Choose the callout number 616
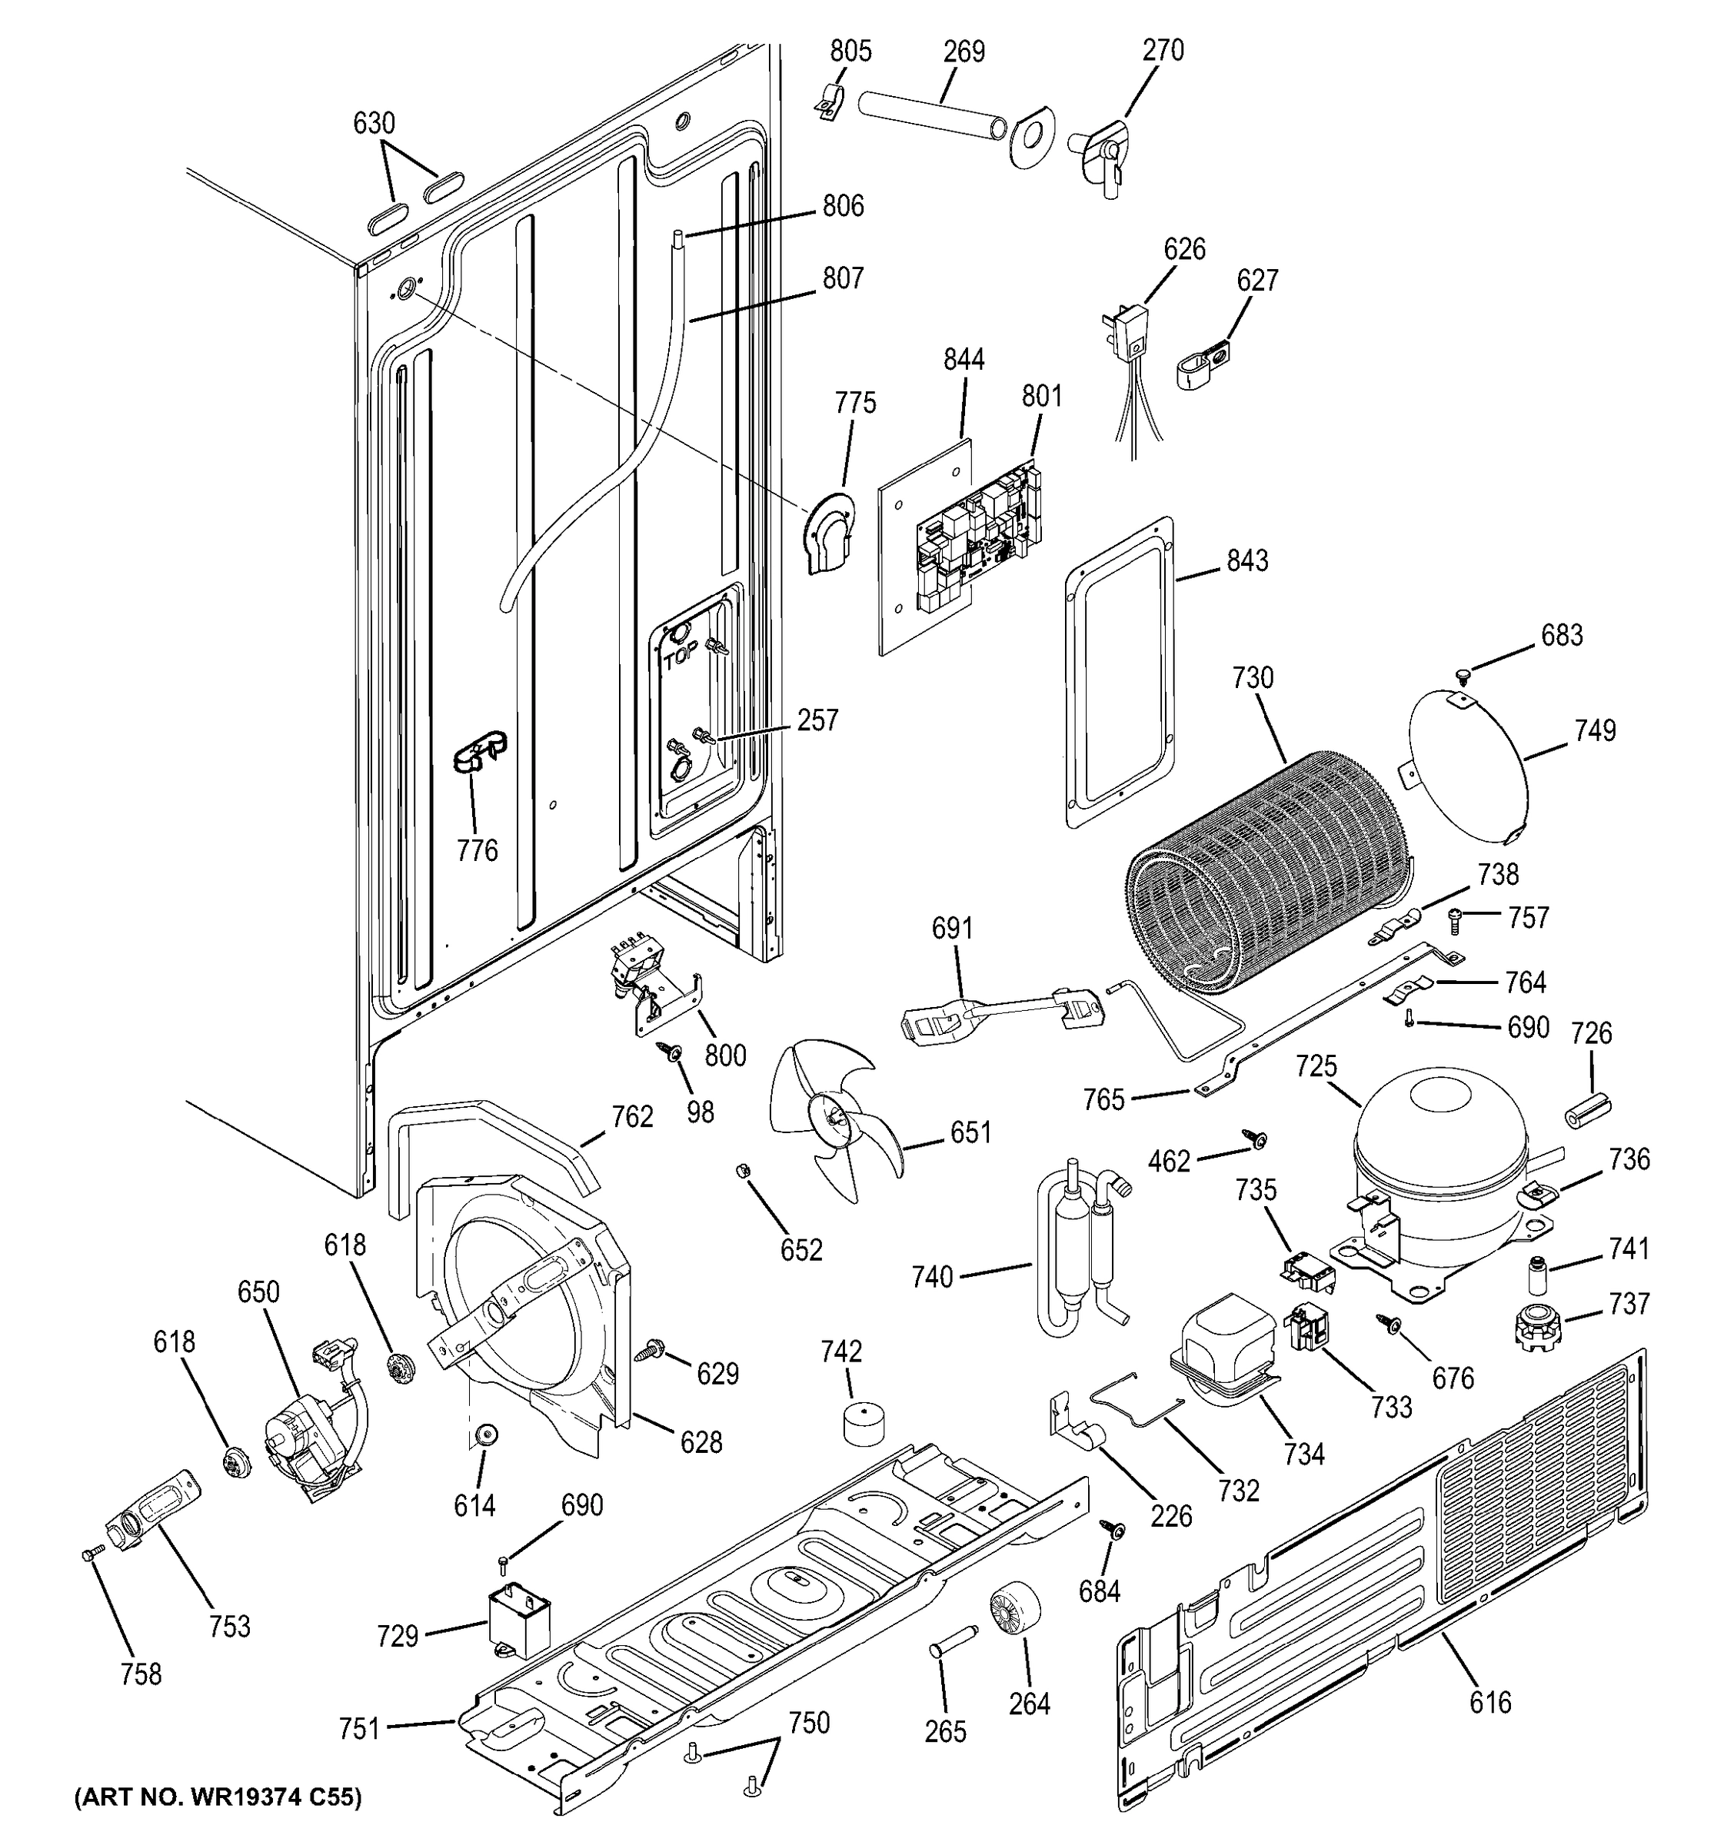(1490, 1701)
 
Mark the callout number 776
(476, 850)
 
